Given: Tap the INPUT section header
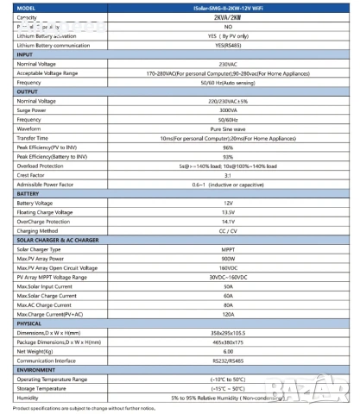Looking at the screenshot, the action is point(26,54).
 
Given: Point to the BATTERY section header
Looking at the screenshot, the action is point(29,193).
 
